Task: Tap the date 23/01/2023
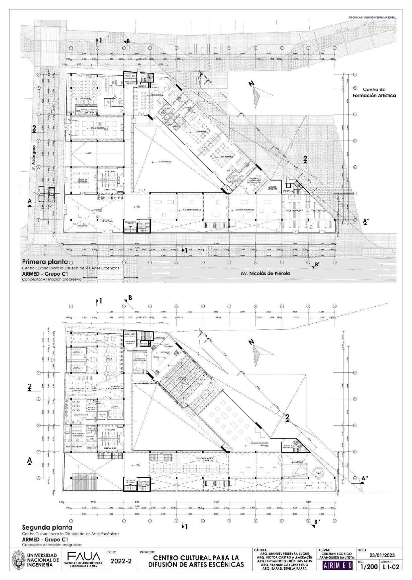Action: coord(382,555)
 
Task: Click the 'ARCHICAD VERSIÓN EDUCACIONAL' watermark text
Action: coord(374,17)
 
